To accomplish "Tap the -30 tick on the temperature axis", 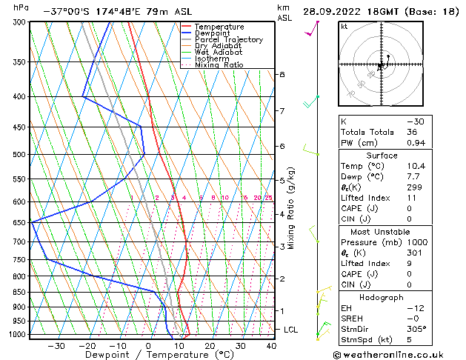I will (56, 345).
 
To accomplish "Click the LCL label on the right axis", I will (291, 329).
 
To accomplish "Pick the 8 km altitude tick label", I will (282, 75).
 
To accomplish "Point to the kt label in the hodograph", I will (344, 27).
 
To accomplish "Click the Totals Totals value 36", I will (412, 132).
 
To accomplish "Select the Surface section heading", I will (392, 156).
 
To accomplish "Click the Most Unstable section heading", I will (392, 231).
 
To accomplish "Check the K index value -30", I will (415, 121).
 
